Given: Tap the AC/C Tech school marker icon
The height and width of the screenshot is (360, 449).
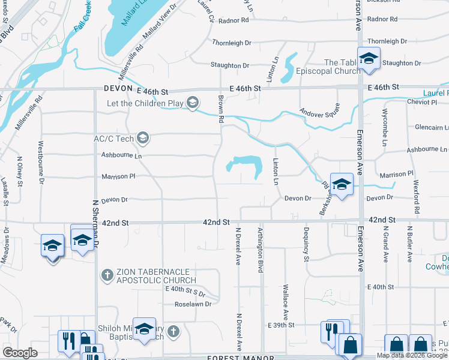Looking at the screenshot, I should (x=142, y=139).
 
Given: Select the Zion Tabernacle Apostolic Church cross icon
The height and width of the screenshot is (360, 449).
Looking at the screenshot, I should (x=107, y=275).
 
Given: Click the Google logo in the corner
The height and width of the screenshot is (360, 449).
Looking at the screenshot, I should (x=19, y=352).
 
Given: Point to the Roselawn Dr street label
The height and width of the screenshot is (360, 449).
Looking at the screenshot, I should (x=193, y=304).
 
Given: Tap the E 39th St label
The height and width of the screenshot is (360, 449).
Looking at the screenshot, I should (x=282, y=325).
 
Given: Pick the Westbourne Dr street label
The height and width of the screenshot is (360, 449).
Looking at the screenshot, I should (x=41, y=162).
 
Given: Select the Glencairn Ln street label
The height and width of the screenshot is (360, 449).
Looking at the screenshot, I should (x=431, y=127).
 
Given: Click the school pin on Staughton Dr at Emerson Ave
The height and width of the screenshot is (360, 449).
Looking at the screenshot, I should (x=367, y=58).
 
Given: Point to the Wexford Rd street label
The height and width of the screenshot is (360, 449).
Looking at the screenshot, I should (x=416, y=196).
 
